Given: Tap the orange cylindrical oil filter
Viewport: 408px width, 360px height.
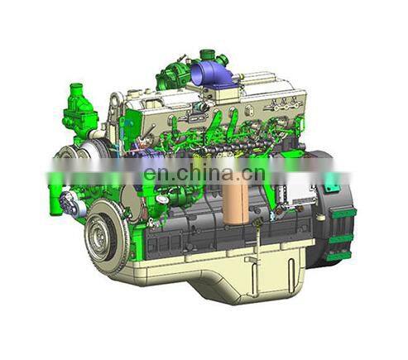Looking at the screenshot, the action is (235, 203).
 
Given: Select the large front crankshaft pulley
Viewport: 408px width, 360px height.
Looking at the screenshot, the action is (106, 236).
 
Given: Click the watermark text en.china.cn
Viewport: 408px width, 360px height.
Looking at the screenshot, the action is (204, 172).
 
